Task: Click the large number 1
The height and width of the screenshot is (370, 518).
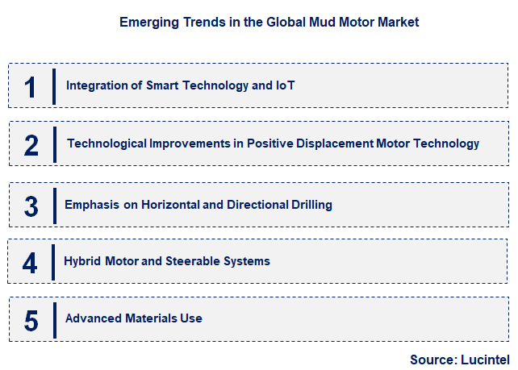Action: [31, 86]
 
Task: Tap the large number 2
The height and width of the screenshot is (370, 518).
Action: [31, 145]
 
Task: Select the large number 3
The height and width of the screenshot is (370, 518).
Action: [31, 206]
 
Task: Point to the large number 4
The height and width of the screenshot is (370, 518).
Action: [30, 263]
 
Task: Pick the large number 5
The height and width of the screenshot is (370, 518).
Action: [31, 320]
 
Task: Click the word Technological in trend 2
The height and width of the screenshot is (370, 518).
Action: [102, 143]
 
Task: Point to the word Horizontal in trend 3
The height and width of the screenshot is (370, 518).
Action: [170, 204]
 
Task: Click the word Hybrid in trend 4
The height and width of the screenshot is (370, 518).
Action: [82, 261]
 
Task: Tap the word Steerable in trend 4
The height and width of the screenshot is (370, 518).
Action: [197, 261]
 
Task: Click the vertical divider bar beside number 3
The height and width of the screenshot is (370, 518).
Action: [54, 204]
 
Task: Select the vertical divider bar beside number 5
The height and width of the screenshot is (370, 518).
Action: [54, 318]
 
